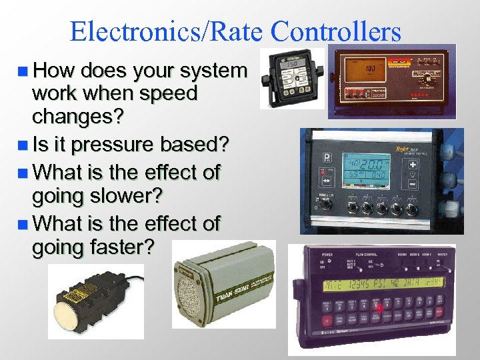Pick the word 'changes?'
click(78, 118)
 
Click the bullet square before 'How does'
click(25, 71)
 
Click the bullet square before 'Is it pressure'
click(25, 145)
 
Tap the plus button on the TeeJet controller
click(413, 165)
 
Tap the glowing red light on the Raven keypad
click(380, 308)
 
